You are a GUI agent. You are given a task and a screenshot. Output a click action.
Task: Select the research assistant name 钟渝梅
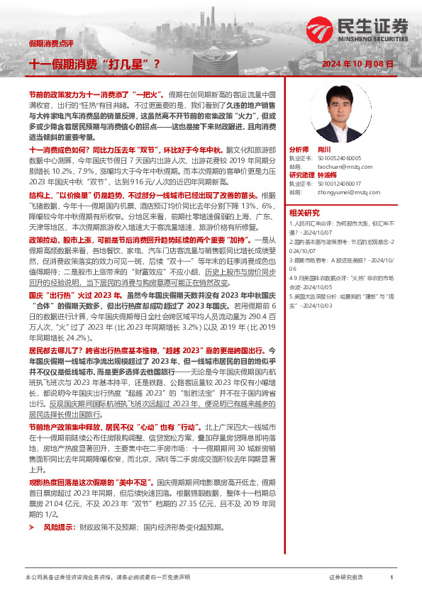tap(326, 174)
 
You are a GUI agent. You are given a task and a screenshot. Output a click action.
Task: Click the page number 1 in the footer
tap(392, 578)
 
